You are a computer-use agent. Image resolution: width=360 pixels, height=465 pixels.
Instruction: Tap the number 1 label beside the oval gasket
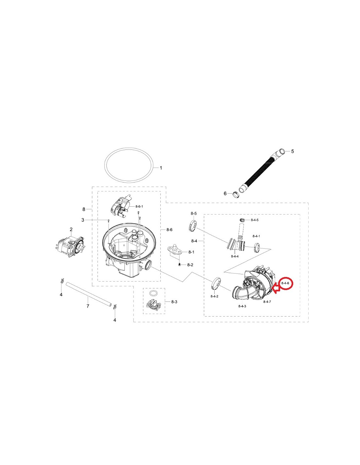[161, 168]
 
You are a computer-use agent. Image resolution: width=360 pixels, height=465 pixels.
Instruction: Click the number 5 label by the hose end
[293, 151]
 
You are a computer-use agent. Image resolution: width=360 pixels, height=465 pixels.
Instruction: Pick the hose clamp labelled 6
[236, 195]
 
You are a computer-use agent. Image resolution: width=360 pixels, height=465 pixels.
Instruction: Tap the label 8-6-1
[139, 206]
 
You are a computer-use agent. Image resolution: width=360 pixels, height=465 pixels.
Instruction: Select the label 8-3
[174, 302]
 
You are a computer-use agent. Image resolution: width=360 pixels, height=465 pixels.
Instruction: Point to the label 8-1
[191, 252]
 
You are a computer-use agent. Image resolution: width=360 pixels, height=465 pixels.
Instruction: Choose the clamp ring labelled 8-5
[193, 226]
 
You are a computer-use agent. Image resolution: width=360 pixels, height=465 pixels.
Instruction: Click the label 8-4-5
[255, 220]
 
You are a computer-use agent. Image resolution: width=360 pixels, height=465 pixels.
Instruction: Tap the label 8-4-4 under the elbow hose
[235, 256]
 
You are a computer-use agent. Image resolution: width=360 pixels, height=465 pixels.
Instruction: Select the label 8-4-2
[214, 296]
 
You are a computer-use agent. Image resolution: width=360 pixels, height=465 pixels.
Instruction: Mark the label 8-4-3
[242, 306]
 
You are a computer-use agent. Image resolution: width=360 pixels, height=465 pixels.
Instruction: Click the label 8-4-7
[267, 302]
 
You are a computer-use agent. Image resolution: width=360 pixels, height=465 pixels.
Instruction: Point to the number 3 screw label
[83, 220]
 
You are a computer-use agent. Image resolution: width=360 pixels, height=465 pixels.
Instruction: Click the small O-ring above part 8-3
[153, 293]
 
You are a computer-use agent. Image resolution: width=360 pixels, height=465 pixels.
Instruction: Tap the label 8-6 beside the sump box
[170, 230]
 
